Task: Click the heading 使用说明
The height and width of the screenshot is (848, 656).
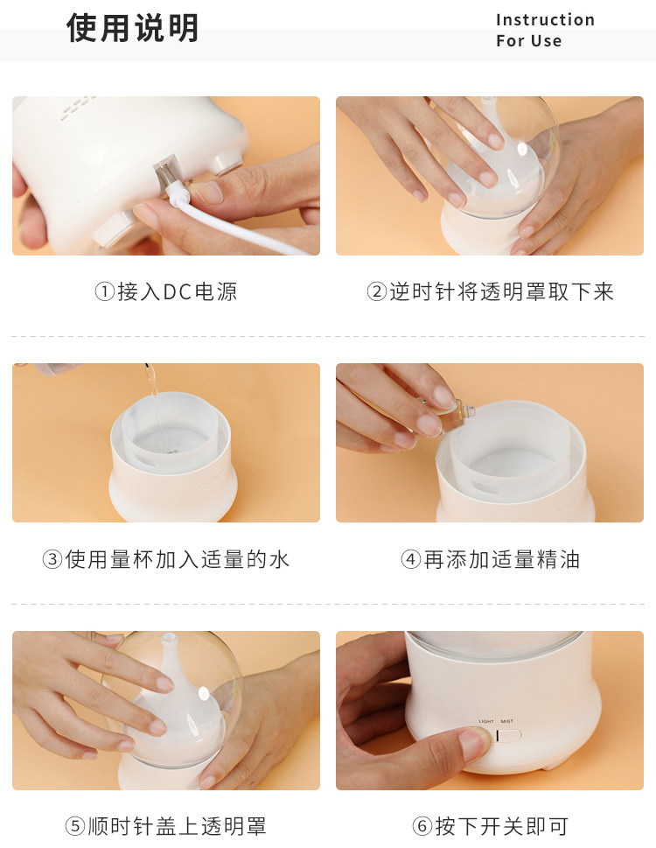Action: pos(132,28)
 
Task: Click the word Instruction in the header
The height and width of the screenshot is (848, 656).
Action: pos(545,20)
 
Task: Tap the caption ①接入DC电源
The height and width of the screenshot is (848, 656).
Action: pos(166,291)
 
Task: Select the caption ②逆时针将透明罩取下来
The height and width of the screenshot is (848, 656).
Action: pos(490,291)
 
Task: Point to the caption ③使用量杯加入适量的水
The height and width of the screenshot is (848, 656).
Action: pos(166,559)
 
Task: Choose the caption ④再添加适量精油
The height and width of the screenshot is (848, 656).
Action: pos(490,559)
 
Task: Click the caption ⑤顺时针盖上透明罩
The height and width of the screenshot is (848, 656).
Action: pos(166,826)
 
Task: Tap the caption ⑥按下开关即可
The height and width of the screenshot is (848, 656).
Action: pos(490,826)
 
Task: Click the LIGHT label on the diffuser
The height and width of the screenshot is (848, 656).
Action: pos(486,721)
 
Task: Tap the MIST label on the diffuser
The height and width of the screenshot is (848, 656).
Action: pos(506,721)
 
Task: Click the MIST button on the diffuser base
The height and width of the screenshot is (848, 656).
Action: pos(510,735)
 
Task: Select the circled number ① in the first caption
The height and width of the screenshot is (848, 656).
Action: pos(105,292)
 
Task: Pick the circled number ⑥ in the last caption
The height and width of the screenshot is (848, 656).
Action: pos(422,827)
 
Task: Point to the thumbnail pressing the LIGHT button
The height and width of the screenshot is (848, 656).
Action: pos(473,742)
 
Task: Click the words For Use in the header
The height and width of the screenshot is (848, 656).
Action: pos(529,41)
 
